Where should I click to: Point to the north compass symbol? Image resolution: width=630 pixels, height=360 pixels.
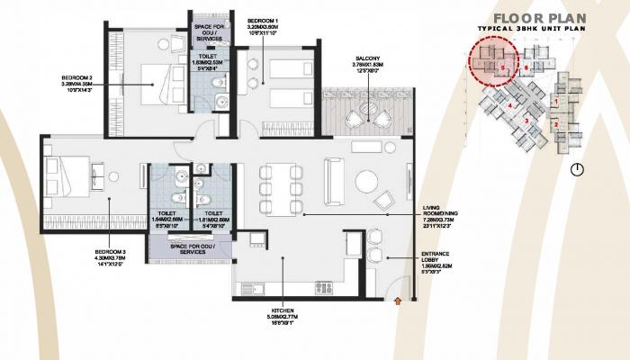coord(576,168)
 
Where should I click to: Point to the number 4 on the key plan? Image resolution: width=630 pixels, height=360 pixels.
coord(510,104)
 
